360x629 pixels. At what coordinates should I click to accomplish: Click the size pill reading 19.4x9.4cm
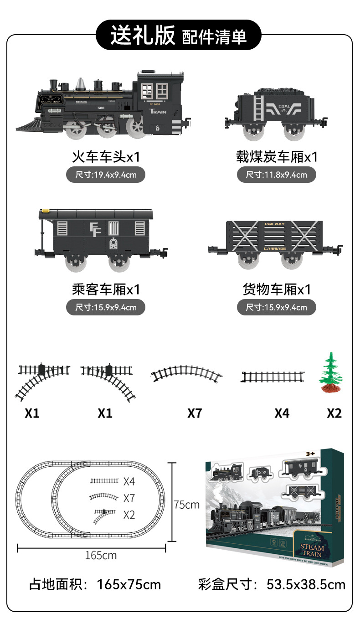pos(106,175)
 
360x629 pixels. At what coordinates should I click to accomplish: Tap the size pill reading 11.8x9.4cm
pos(276,175)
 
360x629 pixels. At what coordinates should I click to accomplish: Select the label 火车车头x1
pos(106,157)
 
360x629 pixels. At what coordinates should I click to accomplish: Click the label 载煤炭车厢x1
pos(276,157)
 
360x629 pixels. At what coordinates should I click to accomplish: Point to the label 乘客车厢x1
pos(106,289)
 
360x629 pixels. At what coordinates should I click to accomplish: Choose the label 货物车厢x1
pos(276,289)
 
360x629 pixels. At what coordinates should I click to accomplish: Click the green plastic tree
pos(330,372)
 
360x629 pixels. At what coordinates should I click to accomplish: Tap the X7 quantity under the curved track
pos(195,413)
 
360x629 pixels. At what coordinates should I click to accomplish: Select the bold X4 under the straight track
pos(282,413)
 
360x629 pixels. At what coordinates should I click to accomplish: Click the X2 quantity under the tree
pos(334,413)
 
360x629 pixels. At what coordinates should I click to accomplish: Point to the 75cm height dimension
pos(186,505)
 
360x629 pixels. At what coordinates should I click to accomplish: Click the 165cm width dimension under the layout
pos(101,555)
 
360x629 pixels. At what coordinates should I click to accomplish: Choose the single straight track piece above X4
pos(273,376)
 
